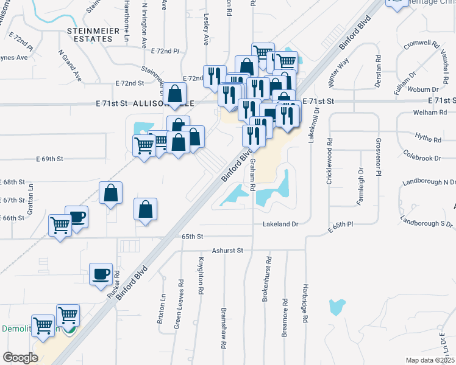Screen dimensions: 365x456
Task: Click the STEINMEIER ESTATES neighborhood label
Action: (90, 34)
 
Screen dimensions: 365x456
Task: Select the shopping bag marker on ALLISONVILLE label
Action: (175, 94)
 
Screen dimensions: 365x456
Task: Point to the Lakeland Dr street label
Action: (280, 224)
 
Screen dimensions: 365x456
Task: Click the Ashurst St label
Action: (227, 250)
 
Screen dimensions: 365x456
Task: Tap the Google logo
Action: (20, 358)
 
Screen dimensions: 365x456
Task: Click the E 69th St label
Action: (52, 159)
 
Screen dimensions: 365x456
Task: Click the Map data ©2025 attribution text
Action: (430, 360)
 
